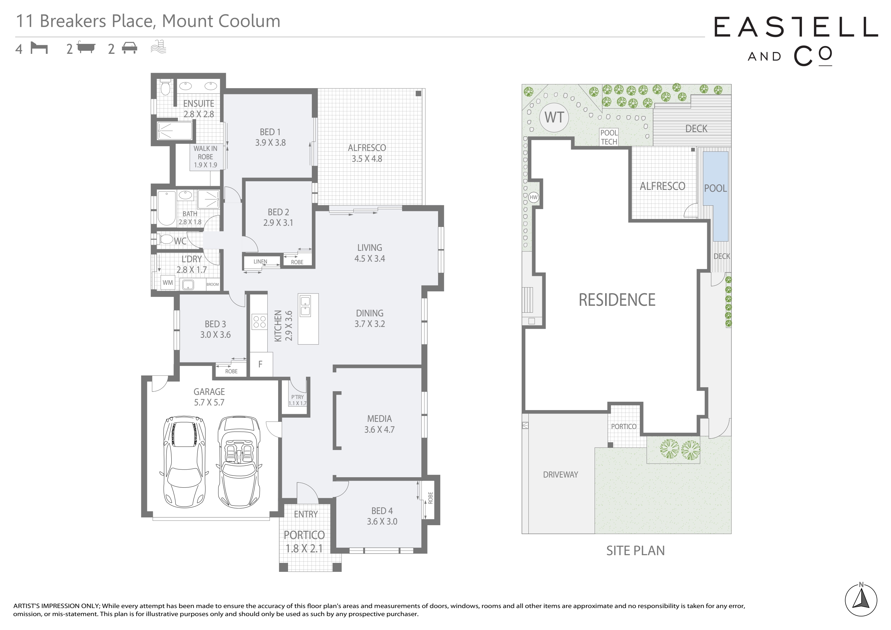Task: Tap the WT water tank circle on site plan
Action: (554, 118)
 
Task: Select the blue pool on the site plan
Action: (715, 196)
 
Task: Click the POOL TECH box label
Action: (609, 137)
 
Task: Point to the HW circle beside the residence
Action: (534, 197)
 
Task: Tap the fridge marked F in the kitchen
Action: (261, 364)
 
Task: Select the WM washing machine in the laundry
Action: (168, 282)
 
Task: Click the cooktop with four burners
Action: (259, 321)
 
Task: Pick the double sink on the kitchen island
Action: (305, 306)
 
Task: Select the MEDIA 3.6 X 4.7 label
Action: (379, 424)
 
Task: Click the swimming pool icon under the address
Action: (158, 47)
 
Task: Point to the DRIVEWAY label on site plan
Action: (560, 474)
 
